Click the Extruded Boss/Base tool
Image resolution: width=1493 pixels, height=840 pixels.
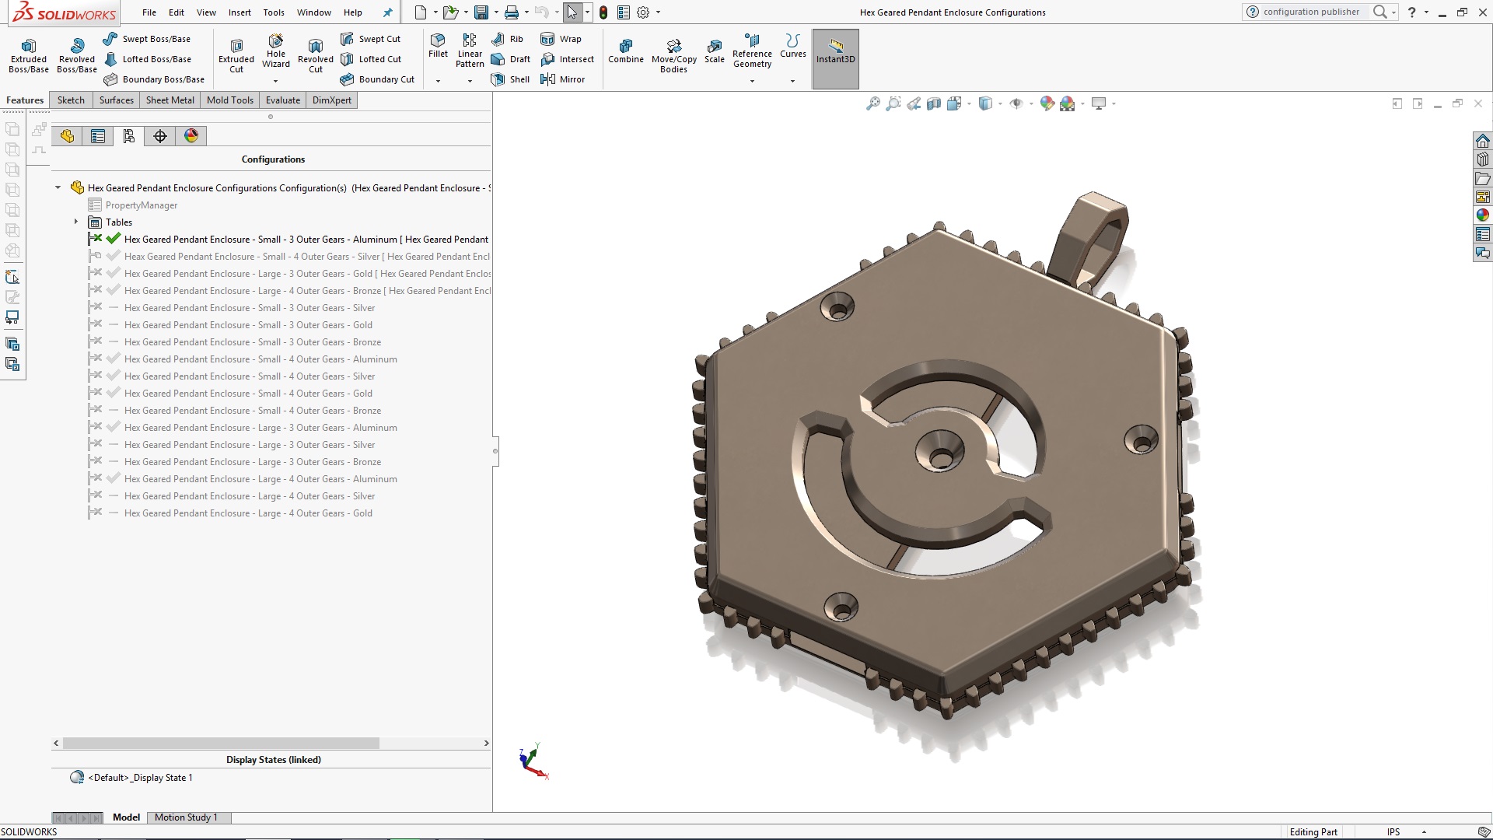[28, 54]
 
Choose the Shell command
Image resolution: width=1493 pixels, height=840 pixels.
[511, 79]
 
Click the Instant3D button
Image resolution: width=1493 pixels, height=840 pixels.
[835, 51]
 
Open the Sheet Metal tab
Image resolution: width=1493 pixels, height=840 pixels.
[170, 100]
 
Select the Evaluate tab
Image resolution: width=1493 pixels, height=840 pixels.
[282, 100]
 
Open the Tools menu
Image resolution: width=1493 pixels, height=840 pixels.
[274, 12]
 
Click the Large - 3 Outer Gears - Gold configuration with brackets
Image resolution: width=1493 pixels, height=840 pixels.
[307, 274]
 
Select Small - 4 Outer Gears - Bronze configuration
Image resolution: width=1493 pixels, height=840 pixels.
[252, 411]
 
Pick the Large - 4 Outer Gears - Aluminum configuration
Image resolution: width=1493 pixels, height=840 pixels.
[260, 479]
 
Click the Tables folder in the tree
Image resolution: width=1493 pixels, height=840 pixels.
[118, 222]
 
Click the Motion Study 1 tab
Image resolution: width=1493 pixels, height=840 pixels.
[186, 817]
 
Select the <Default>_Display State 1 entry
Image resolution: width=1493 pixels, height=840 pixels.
[140, 778]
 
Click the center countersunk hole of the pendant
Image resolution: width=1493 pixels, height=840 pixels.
[940, 454]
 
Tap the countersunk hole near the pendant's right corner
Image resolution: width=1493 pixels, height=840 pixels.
[1141, 441]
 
